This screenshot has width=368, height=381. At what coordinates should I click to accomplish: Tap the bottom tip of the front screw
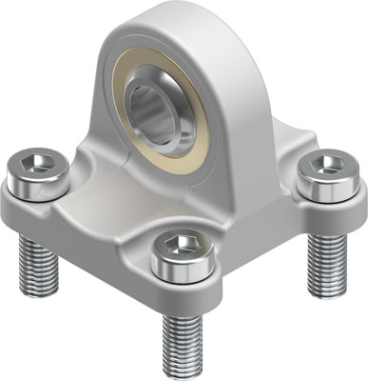tap(182, 372)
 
